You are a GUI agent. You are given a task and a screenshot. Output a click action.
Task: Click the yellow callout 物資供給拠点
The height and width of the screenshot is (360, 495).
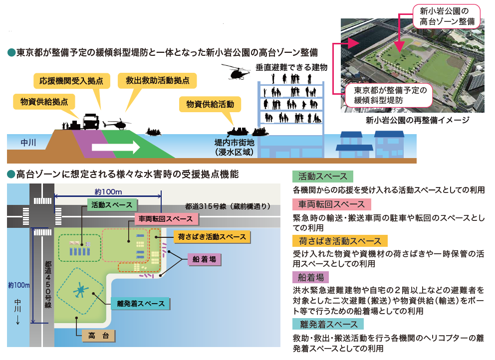[x=44, y=101]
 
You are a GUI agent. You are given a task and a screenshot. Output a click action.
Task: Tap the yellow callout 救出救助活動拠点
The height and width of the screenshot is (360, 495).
[x=158, y=80]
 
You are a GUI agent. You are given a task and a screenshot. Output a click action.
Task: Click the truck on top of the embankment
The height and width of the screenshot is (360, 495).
[x=90, y=121]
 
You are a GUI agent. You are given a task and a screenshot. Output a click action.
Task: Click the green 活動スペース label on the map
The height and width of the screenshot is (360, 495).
[x=112, y=205]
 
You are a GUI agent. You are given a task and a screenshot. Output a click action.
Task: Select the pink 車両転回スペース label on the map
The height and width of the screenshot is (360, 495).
[x=167, y=219]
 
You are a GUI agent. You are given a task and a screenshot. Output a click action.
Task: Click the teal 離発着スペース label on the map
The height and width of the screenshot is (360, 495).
[x=141, y=303]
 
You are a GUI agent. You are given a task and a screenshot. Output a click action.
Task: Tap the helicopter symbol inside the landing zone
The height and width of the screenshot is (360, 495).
[x=80, y=289]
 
